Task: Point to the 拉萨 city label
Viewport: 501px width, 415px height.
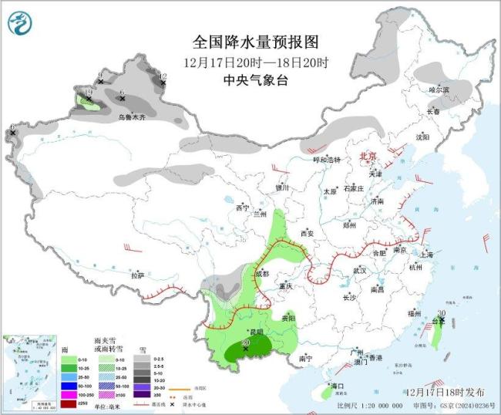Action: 137,275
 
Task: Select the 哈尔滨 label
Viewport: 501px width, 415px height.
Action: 439,90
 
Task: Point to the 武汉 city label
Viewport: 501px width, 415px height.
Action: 359,271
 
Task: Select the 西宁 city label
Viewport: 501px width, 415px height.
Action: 243,208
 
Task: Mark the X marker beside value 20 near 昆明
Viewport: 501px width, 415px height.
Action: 246,349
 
